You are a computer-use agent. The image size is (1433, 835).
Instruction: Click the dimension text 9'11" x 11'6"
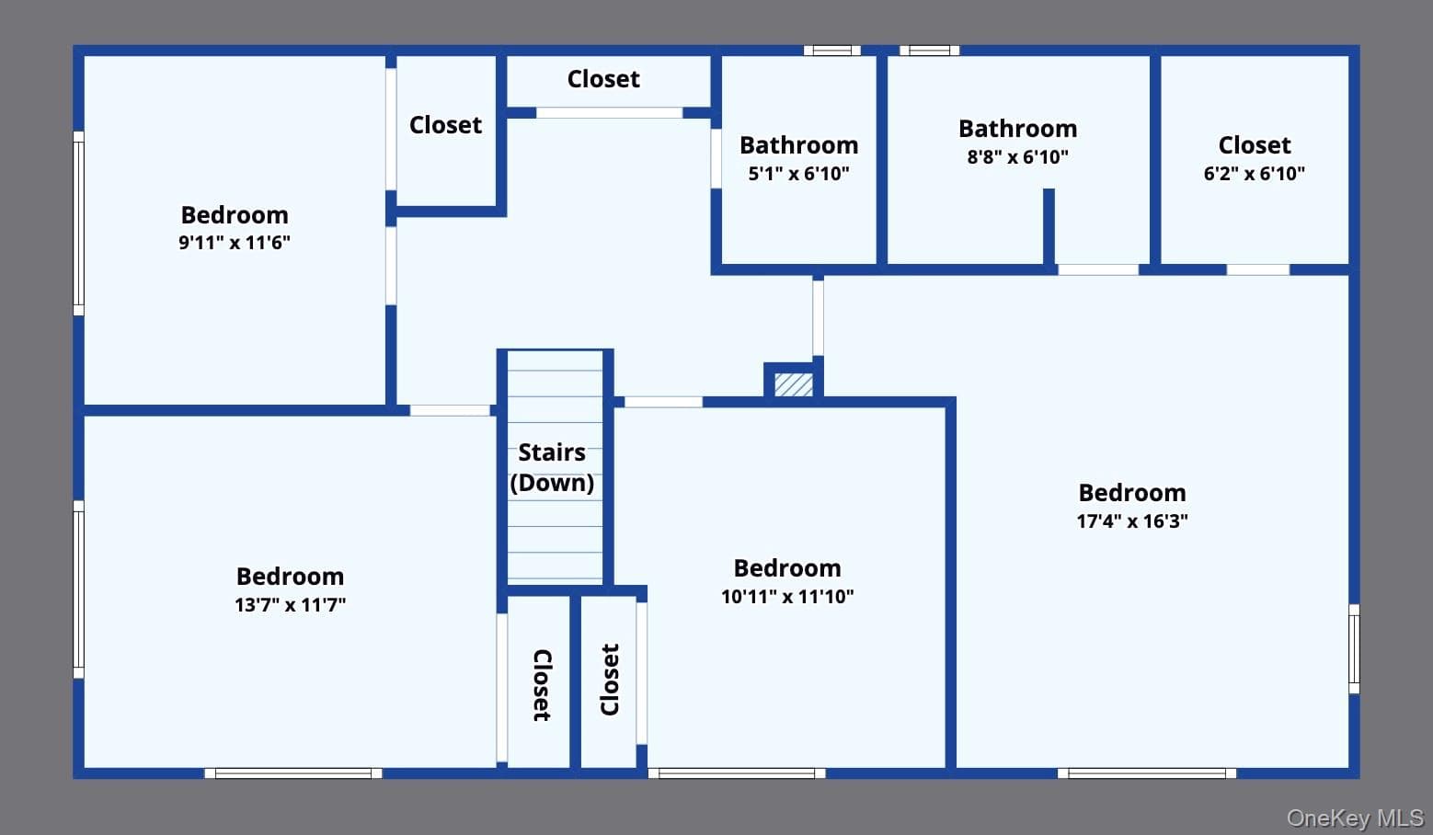pos(235,243)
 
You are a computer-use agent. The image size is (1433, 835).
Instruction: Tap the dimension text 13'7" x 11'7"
pos(290,605)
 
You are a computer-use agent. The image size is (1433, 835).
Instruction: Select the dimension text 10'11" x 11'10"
pos(787,596)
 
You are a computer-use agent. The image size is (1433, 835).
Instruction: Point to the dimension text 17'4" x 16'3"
pos(1131,520)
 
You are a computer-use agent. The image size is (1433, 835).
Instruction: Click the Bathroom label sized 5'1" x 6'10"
pos(799,145)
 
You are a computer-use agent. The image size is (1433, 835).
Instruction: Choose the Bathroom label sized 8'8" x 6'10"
pos(1018,129)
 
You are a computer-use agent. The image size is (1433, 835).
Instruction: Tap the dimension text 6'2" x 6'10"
pos(1254,174)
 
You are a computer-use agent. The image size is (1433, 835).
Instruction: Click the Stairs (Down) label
pos(552,467)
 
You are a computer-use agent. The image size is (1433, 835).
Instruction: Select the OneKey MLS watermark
pos(1355,818)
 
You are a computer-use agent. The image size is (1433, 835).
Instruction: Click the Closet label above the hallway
pos(603,79)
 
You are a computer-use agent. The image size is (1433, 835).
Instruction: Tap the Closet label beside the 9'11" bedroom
pos(445,125)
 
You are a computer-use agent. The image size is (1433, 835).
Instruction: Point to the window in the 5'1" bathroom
pos(832,51)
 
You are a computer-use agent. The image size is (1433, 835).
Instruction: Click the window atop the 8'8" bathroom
pos(930,51)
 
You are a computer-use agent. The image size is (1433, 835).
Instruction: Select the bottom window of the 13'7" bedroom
pos(293,773)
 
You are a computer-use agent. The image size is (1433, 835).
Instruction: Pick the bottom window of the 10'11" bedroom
pos(737,773)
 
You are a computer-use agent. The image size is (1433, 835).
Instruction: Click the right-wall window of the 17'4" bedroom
pos(1354,649)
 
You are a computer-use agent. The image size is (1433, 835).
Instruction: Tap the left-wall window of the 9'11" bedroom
pos(79,223)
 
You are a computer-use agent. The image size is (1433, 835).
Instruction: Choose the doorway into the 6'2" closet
pos(1257,270)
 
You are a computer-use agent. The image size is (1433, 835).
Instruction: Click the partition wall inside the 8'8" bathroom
pos(1049,226)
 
